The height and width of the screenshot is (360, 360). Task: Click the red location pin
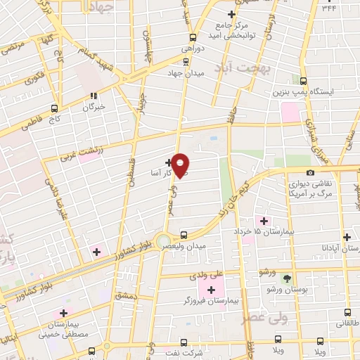click(x=181, y=165)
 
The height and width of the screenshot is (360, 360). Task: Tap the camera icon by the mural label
click(x=310, y=173)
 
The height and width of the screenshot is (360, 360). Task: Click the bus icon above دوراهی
click(x=193, y=38)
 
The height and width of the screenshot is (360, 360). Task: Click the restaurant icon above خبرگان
click(x=93, y=96)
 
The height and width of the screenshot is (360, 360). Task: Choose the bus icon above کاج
click(x=55, y=108)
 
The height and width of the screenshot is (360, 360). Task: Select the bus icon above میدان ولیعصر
click(x=184, y=235)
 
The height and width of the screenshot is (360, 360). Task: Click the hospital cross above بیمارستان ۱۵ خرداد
click(x=263, y=221)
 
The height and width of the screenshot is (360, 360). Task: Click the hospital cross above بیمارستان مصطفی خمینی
click(x=64, y=313)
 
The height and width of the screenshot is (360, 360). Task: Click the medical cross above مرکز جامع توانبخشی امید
click(x=231, y=14)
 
